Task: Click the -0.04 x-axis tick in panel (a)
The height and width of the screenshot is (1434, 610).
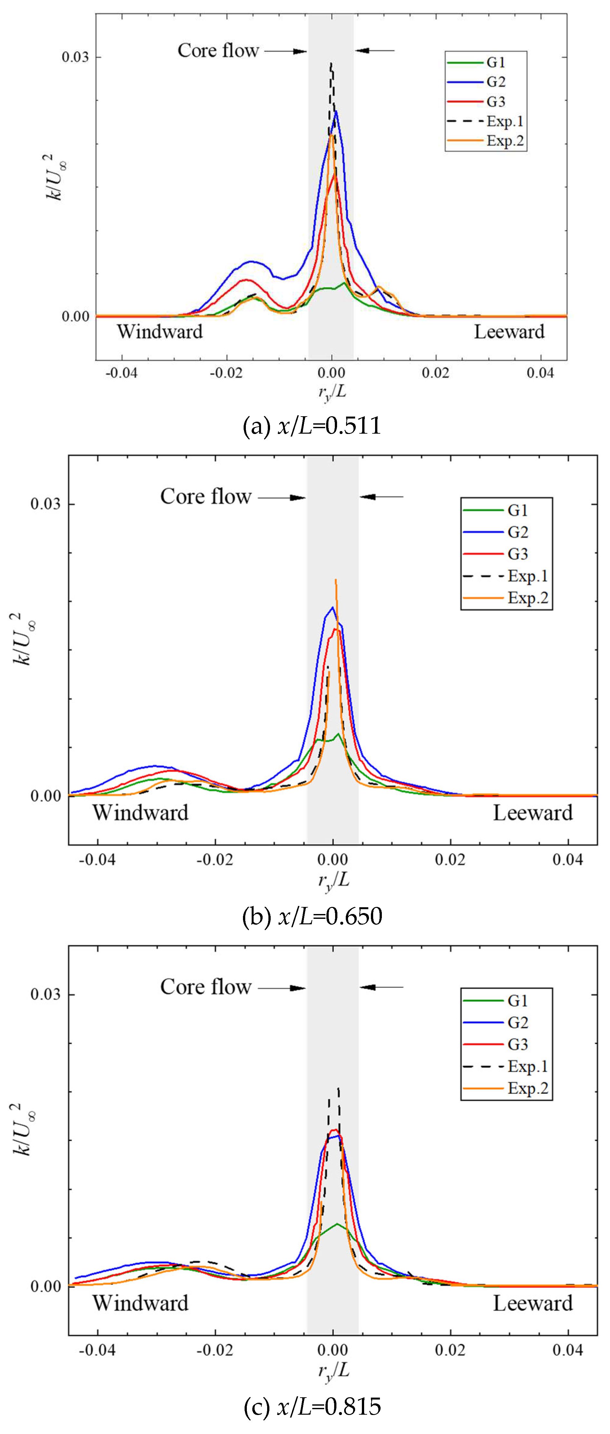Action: coord(121,372)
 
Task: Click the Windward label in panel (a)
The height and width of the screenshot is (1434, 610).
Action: coord(160,332)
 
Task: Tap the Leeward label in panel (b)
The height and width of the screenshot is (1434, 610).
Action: coord(533,813)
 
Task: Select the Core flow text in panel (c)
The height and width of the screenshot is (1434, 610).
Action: coord(206,987)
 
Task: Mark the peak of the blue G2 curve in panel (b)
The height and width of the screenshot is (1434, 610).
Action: coord(333,607)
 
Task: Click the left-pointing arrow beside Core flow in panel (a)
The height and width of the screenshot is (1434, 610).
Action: coord(374,51)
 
